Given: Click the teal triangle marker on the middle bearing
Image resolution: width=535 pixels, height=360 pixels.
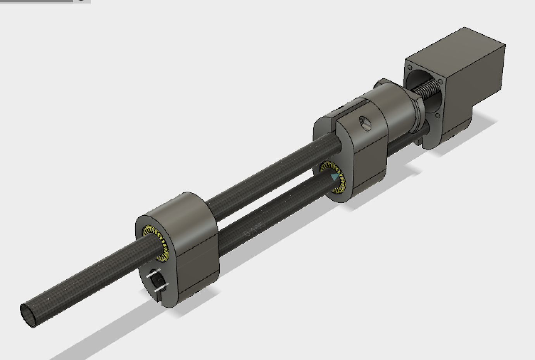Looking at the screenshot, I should (335, 177).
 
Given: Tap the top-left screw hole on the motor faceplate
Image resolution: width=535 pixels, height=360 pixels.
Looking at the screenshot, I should (410, 67).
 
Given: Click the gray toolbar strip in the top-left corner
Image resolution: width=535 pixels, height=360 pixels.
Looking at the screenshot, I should (39, 1).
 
